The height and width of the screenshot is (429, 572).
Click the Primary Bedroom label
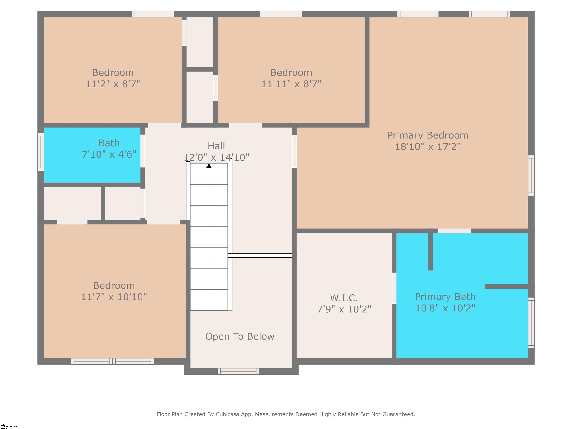428,135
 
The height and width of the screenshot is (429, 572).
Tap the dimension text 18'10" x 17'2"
428,147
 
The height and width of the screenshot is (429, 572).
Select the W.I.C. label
344,298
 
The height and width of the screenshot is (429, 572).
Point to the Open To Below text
239,336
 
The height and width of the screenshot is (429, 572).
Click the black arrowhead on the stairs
209,166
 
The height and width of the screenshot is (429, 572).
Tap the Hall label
216,146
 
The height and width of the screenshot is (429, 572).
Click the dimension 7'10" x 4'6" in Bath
109,154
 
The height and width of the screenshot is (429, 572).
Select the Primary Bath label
445,297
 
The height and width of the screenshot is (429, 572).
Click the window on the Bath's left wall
41,152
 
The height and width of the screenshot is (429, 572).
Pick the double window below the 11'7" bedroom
112,361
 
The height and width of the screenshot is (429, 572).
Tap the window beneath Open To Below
238,371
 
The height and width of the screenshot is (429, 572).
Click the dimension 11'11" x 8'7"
291,84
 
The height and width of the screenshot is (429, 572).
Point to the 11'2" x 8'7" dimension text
113,84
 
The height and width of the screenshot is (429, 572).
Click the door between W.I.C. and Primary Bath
394,288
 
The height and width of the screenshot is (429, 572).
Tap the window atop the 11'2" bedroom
153,14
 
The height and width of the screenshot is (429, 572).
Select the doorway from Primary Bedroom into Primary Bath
455,231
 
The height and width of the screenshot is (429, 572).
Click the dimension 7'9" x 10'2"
344,309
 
